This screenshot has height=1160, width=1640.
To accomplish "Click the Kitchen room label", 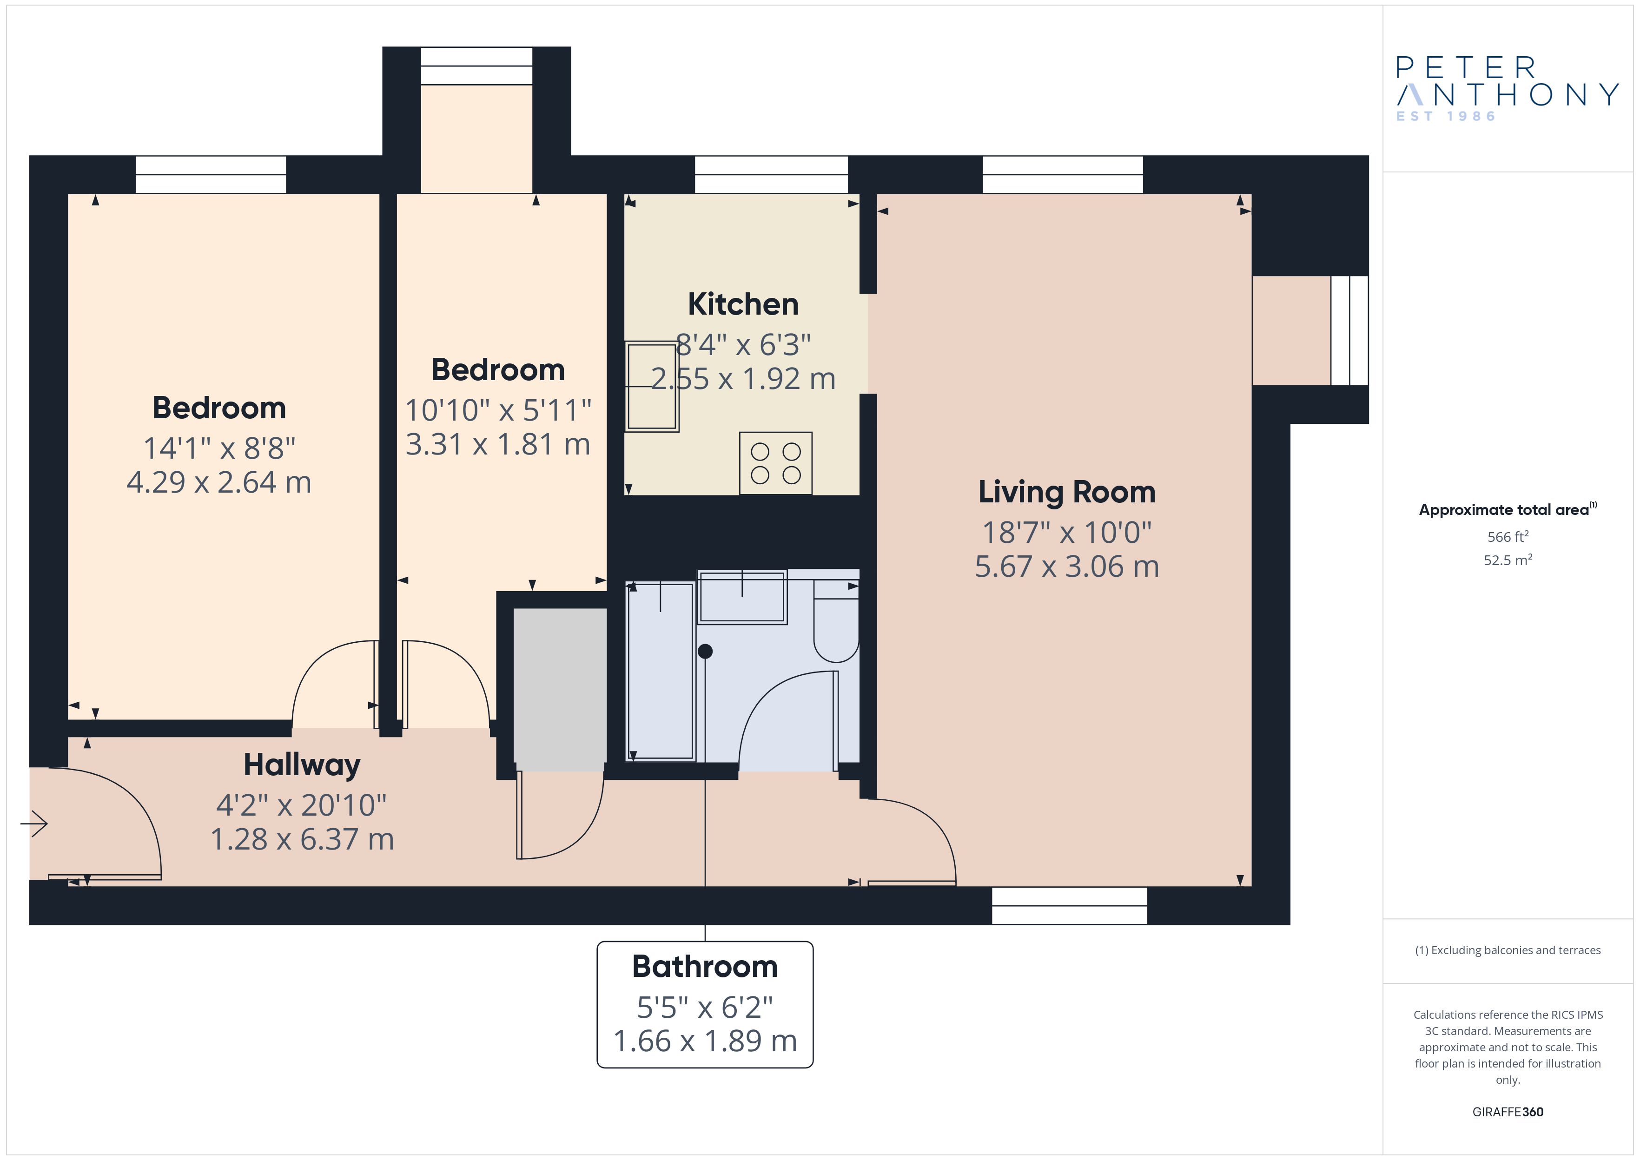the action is click(x=743, y=304).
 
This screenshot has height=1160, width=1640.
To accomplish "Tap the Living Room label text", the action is click(x=1066, y=492).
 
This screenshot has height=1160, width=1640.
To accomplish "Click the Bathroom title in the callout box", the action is click(x=705, y=966).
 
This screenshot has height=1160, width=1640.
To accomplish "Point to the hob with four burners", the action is click(x=776, y=463).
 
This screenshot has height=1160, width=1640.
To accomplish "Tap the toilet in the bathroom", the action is click(x=836, y=621).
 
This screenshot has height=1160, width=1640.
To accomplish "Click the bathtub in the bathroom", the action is click(x=660, y=672).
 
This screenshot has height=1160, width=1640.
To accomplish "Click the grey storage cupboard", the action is click(x=560, y=689).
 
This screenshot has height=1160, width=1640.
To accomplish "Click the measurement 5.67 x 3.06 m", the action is click(x=1066, y=567).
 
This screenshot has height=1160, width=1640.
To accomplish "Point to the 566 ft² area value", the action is click(x=1508, y=536).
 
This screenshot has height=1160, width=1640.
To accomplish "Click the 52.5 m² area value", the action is click(x=1508, y=560).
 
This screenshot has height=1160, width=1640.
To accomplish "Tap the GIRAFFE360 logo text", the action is click(x=1508, y=1112).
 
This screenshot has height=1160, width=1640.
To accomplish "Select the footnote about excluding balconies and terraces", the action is click(x=1508, y=950).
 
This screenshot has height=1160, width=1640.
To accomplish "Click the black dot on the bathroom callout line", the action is click(x=705, y=651).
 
